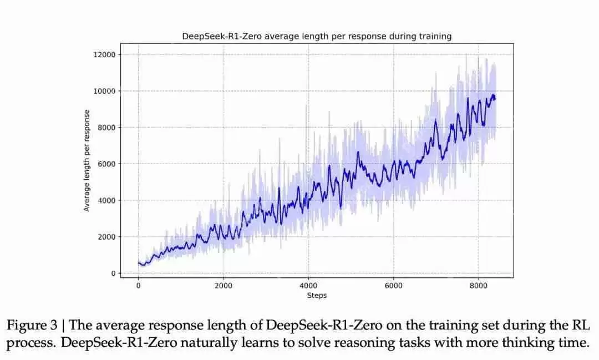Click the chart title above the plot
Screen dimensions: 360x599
pyautogui.click(x=317, y=36)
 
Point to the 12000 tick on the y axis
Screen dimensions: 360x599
pyautogui.click(x=105, y=54)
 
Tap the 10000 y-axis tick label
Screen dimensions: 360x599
pyautogui.click(x=105, y=91)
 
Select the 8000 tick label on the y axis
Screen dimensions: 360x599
pyautogui.click(x=106, y=128)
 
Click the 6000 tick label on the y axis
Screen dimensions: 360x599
pyautogui.click(x=106, y=164)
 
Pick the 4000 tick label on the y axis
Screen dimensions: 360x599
pyautogui.click(x=106, y=200)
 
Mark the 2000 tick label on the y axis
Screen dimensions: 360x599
pyautogui.click(x=106, y=237)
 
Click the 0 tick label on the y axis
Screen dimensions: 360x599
pyautogui.click(x=113, y=273)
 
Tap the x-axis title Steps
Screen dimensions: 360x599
pyautogui.click(x=317, y=295)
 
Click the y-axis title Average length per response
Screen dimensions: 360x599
pyautogui.click(x=87, y=160)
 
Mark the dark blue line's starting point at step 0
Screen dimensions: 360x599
pyautogui.click(x=139, y=263)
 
